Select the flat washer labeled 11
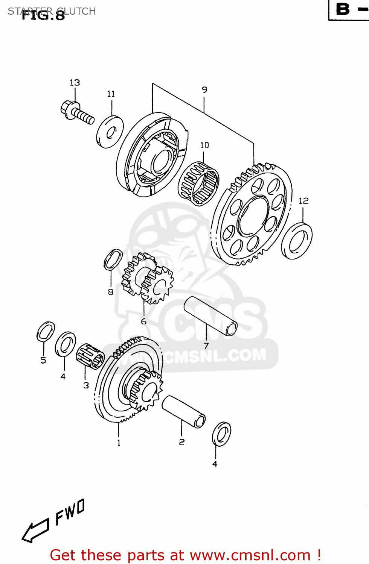coord(110,132)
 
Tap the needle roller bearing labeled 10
coord(198,183)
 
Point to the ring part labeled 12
coord(297,241)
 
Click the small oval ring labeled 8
coord(113,259)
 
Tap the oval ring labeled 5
coord(46,332)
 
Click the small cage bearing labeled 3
coord(90,356)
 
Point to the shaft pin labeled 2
coord(184,411)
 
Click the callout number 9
coord(204,90)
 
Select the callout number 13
coord(75,83)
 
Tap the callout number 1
coord(119,443)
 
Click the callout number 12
coord(303,201)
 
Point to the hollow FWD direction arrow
coord(35,530)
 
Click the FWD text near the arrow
coord(70,512)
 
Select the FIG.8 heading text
coord(43,15)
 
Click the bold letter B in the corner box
coord(343,9)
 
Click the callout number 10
coord(204,145)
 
